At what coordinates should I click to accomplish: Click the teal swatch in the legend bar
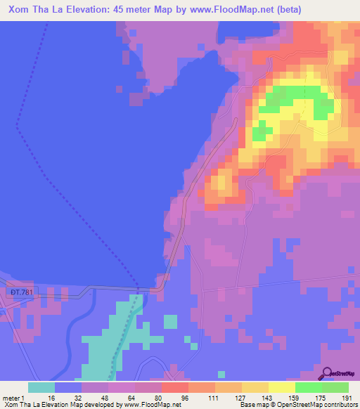click(x=41, y=387)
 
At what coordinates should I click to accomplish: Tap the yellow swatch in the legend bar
click(x=281, y=387)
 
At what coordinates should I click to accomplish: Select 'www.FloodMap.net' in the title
click(x=222, y=10)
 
